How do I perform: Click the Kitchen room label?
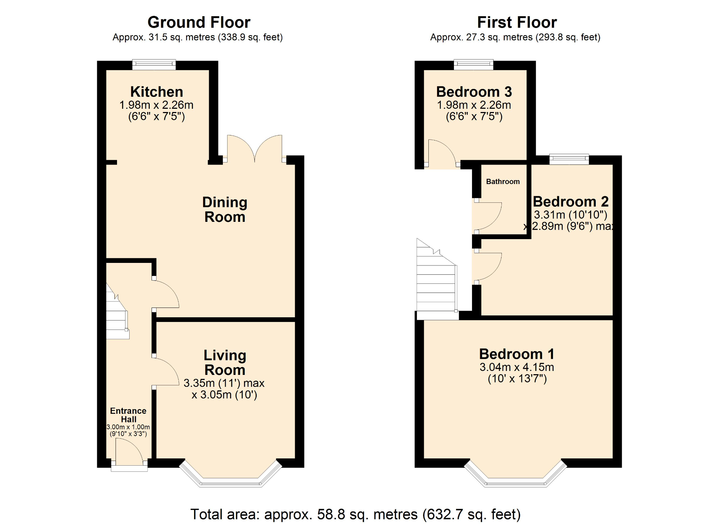click(x=157, y=92)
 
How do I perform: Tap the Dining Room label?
click(x=225, y=210)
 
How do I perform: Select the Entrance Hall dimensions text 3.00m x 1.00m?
click(x=128, y=427)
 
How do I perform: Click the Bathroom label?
click(x=503, y=182)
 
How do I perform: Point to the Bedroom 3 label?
click(x=474, y=92)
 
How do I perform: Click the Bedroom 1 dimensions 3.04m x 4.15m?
click(x=517, y=367)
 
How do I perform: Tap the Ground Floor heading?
click(x=199, y=22)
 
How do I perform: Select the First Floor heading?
click(x=517, y=22)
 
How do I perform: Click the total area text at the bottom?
click(x=355, y=514)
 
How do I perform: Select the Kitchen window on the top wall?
click(x=154, y=65)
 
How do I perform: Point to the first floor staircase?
click(x=436, y=281)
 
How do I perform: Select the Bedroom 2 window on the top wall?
click(x=569, y=159)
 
